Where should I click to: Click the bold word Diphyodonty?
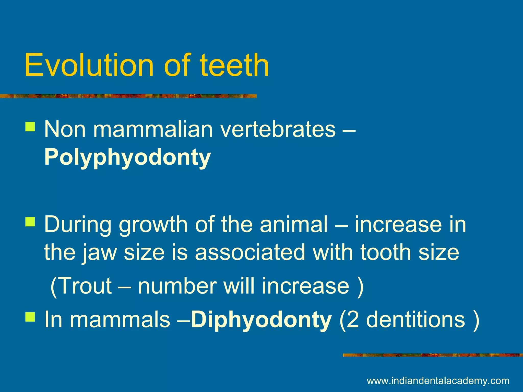[x=261, y=320]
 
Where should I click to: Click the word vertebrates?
[x=278, y=129]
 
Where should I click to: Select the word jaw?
[x=99, y=252]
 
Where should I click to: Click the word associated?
[x=250, y=252]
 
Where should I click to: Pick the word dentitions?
[x=415, y=320]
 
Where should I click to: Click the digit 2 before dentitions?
[x=353, y=320]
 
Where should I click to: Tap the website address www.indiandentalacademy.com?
[x=438, y=381]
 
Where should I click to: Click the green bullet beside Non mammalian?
[x=30, y=126]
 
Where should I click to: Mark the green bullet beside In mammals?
[x=30, y=317]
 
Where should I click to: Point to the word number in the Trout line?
[x=177, y=286]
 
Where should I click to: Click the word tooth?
[x=385, y=252]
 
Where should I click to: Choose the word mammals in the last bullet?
[x=120, y=320]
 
